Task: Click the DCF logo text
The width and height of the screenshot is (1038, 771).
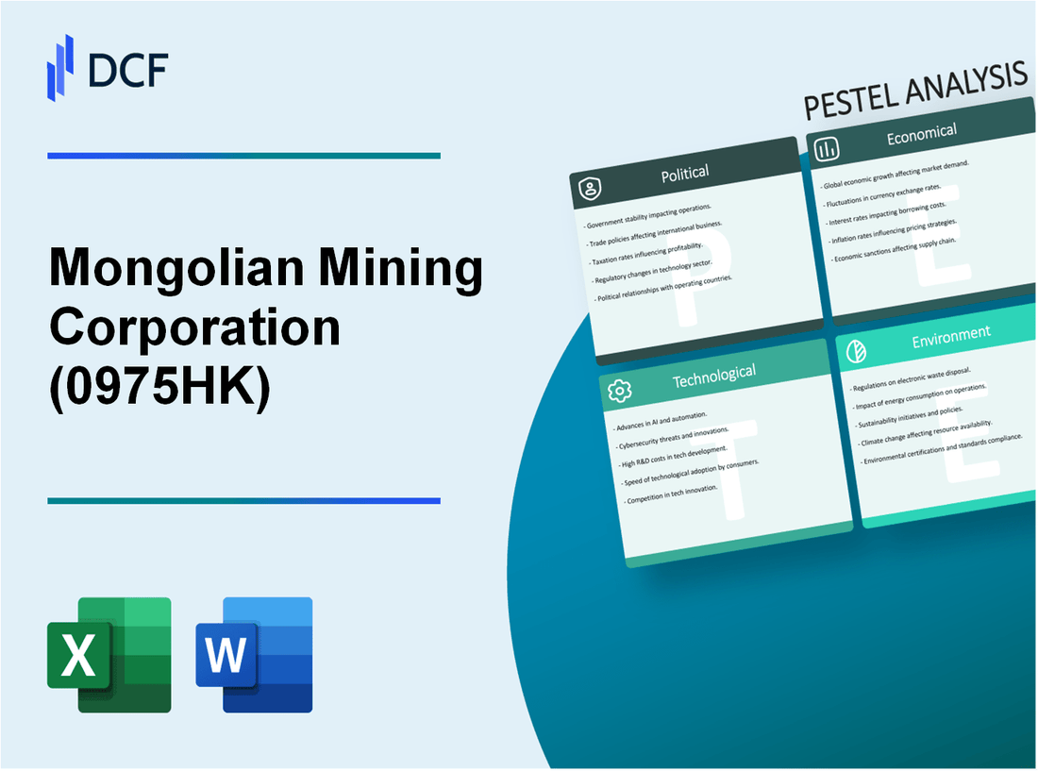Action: [128, 69]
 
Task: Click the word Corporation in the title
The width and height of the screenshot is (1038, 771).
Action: [194, 328]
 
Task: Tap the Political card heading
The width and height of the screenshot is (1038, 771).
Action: [686, 173]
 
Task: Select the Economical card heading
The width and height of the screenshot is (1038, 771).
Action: [921, 135]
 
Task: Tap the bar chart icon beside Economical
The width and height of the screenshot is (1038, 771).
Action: [828, 149]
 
